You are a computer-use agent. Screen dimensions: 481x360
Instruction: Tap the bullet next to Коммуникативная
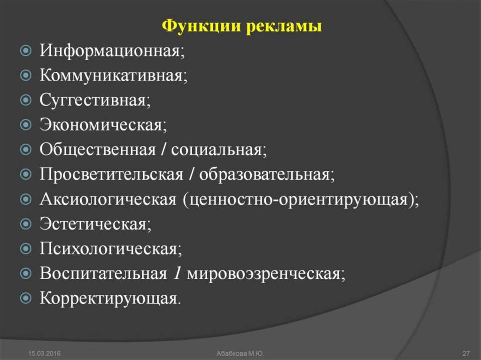tap(26, 75)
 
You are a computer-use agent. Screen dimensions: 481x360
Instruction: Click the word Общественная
tap(98, 150)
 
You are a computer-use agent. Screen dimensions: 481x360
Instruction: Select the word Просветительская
tap(111, 175)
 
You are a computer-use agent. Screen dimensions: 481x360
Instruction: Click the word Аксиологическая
tap(108, 199)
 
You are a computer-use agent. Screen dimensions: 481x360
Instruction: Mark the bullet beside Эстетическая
tap(26, 223)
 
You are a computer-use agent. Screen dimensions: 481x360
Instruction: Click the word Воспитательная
tap(103, 273)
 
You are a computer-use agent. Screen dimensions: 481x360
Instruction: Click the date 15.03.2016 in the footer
tap(44, 353)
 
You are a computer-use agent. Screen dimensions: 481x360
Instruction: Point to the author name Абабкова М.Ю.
tap(240, 353)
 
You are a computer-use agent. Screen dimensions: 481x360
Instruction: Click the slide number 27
tap(466, 353)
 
